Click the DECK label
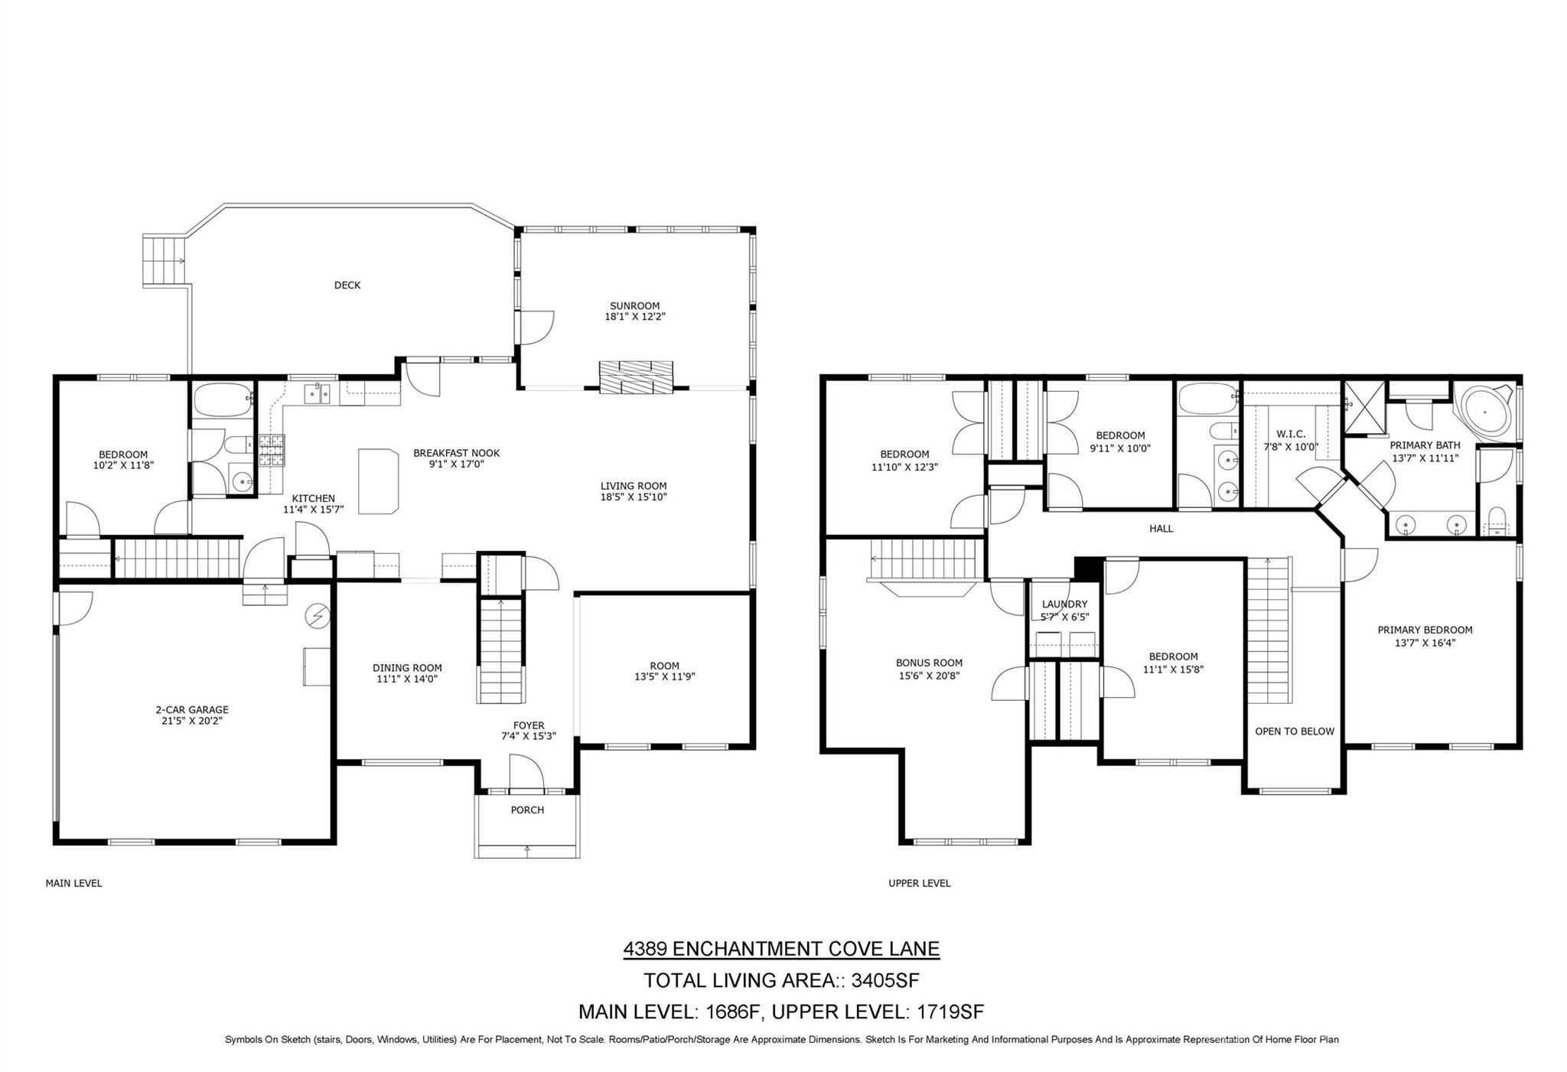point(347,285)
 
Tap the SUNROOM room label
point(634,306)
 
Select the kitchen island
point(380,481)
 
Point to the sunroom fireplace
point(636,376)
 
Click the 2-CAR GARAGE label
point(192,710)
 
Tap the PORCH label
point(527,810)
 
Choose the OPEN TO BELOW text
point(1295,732)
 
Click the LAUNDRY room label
point(1064,604)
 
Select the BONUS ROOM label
point(930,663)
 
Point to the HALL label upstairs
point(1161,529)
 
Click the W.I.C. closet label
point(1291,435)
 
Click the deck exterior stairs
point(166,261)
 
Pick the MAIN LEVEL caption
point(74,883)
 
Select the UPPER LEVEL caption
point(920,883)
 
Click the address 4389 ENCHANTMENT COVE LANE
point(781,949)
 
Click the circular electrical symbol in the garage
point(317,614)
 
